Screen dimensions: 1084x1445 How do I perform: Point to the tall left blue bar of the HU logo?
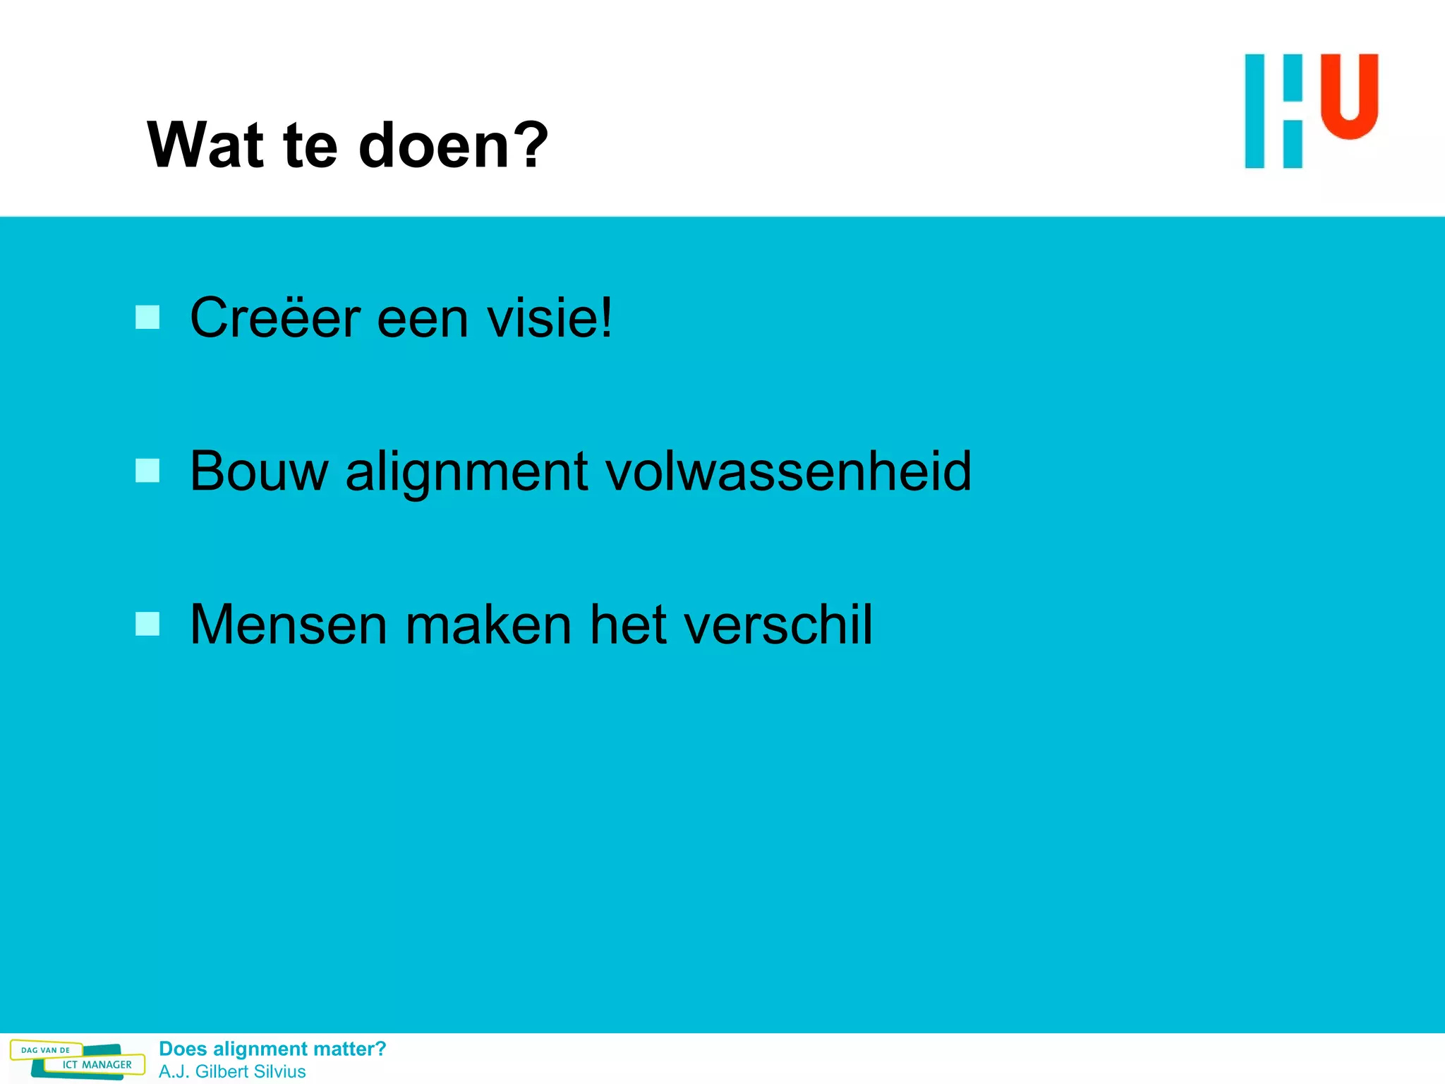point(1254,111)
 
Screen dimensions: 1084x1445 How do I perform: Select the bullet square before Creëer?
point(147,318)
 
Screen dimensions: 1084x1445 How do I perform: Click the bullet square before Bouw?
point(147,471)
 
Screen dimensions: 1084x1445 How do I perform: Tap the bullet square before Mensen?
point(147,624)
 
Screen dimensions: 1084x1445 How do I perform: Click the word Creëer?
point(275,318)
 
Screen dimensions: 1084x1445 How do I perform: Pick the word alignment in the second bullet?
point(466,472)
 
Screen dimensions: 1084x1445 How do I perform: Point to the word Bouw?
point(259,472)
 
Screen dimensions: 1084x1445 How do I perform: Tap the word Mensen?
point(289,625)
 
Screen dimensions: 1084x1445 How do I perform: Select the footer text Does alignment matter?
point(272,1049)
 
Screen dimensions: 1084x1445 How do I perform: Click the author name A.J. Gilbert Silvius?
point(232,1071)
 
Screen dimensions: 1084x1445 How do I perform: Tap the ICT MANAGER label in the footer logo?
point(97,1065)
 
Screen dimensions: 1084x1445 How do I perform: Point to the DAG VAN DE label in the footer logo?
point(45,1050)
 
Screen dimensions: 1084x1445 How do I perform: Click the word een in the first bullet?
point(423,318)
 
